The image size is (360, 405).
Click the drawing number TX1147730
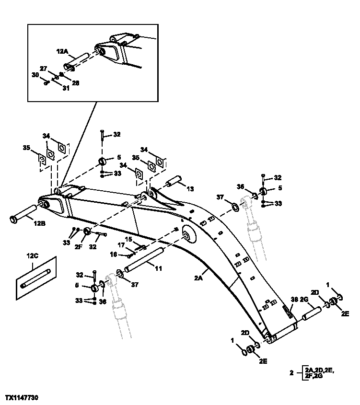22,398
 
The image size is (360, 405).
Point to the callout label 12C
32,256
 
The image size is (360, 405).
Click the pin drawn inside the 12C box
36,279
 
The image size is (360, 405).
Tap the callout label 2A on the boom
199,277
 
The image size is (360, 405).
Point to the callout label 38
295,299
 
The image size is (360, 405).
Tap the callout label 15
128,239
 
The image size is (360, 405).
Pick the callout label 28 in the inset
75,82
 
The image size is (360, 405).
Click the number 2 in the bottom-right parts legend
291,372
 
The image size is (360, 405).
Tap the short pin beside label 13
174,182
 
